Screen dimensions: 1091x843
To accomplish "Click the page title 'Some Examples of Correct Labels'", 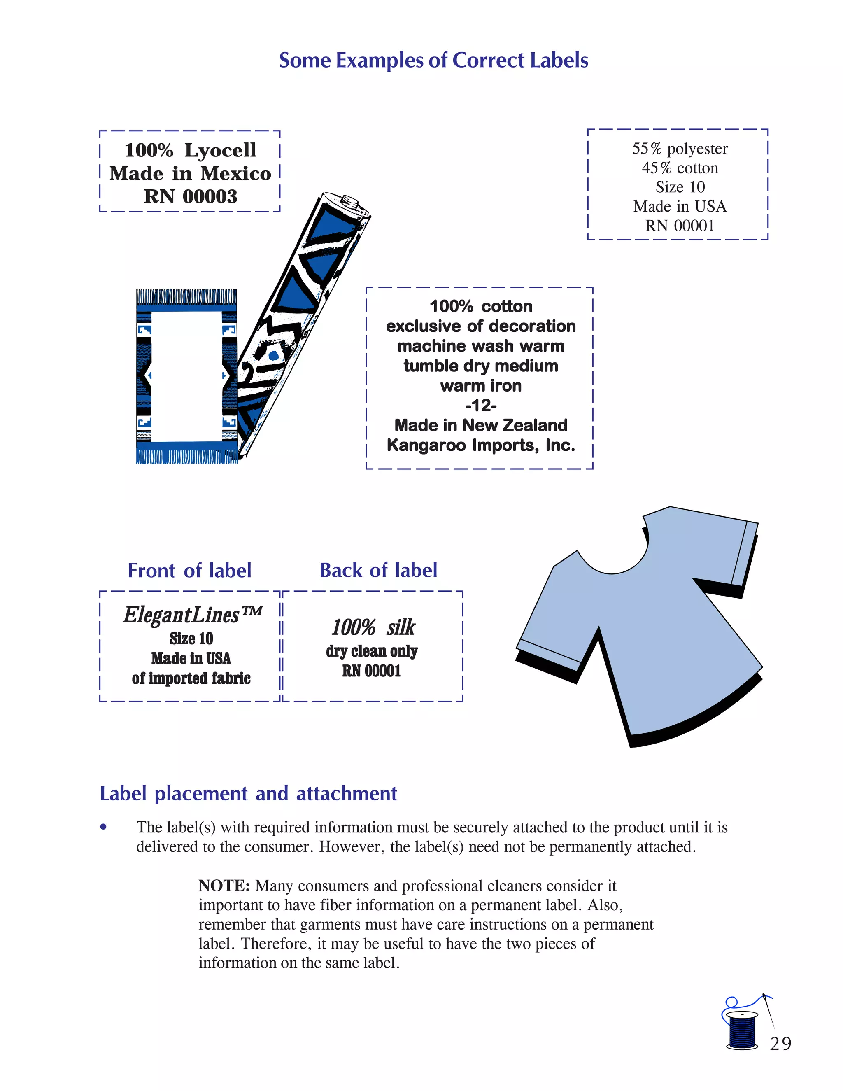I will (x=433, y=61).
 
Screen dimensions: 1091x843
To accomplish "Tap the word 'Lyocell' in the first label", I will (x=220, y=150).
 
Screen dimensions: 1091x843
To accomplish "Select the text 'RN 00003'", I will (x=190, y=196).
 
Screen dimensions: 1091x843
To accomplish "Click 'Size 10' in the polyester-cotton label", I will (x=680, y=187).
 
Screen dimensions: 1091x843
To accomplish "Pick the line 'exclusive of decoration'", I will (x=480, y=326).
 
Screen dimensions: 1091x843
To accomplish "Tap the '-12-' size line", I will (x=480, y=405).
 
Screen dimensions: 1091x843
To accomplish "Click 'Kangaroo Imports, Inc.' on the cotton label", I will (x=480, y=445).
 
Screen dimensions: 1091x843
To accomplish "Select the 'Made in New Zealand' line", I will (x=480, y=425).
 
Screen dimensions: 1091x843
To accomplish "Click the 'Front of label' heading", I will (x=189, y=571).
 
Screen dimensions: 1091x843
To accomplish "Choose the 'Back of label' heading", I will (x=378, y=570).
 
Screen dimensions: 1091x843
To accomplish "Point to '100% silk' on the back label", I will (x=373, y=627).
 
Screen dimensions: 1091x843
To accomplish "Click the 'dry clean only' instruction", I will (x=372, y=651).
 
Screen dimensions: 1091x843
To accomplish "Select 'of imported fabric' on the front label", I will (x=191, y=678).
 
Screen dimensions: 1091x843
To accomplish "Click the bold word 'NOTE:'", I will (x=224, y=886).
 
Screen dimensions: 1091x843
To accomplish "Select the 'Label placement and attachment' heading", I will (x=248, y=793).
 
